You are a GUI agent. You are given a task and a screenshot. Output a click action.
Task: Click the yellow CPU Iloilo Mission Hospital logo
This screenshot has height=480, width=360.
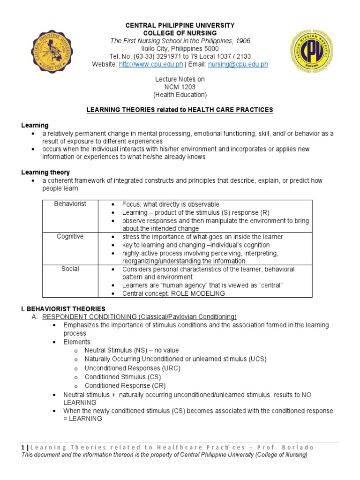point(313,51)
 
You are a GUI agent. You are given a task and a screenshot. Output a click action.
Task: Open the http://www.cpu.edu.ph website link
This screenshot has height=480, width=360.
point(148,65)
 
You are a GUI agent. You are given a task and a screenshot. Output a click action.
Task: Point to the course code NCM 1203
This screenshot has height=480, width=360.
point(180,87)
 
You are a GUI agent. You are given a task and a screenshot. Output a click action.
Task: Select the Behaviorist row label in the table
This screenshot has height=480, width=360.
point(70,204)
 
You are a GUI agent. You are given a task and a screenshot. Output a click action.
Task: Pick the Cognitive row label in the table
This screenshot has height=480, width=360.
point(70,237)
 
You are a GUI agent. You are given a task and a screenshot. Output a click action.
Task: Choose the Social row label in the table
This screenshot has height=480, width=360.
point(70,269)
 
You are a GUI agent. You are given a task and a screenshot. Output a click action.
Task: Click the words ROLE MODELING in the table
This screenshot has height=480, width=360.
point(199,293)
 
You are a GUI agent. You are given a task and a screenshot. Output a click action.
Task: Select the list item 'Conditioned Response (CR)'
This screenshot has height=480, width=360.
point(125,386)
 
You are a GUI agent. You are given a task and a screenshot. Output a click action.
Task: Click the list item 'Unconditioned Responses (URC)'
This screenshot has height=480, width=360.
point(132,368)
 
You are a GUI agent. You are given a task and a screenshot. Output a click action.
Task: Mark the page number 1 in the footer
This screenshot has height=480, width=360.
point(23,447)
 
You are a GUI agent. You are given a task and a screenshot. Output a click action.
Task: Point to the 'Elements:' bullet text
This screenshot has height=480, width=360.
point(78,342)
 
